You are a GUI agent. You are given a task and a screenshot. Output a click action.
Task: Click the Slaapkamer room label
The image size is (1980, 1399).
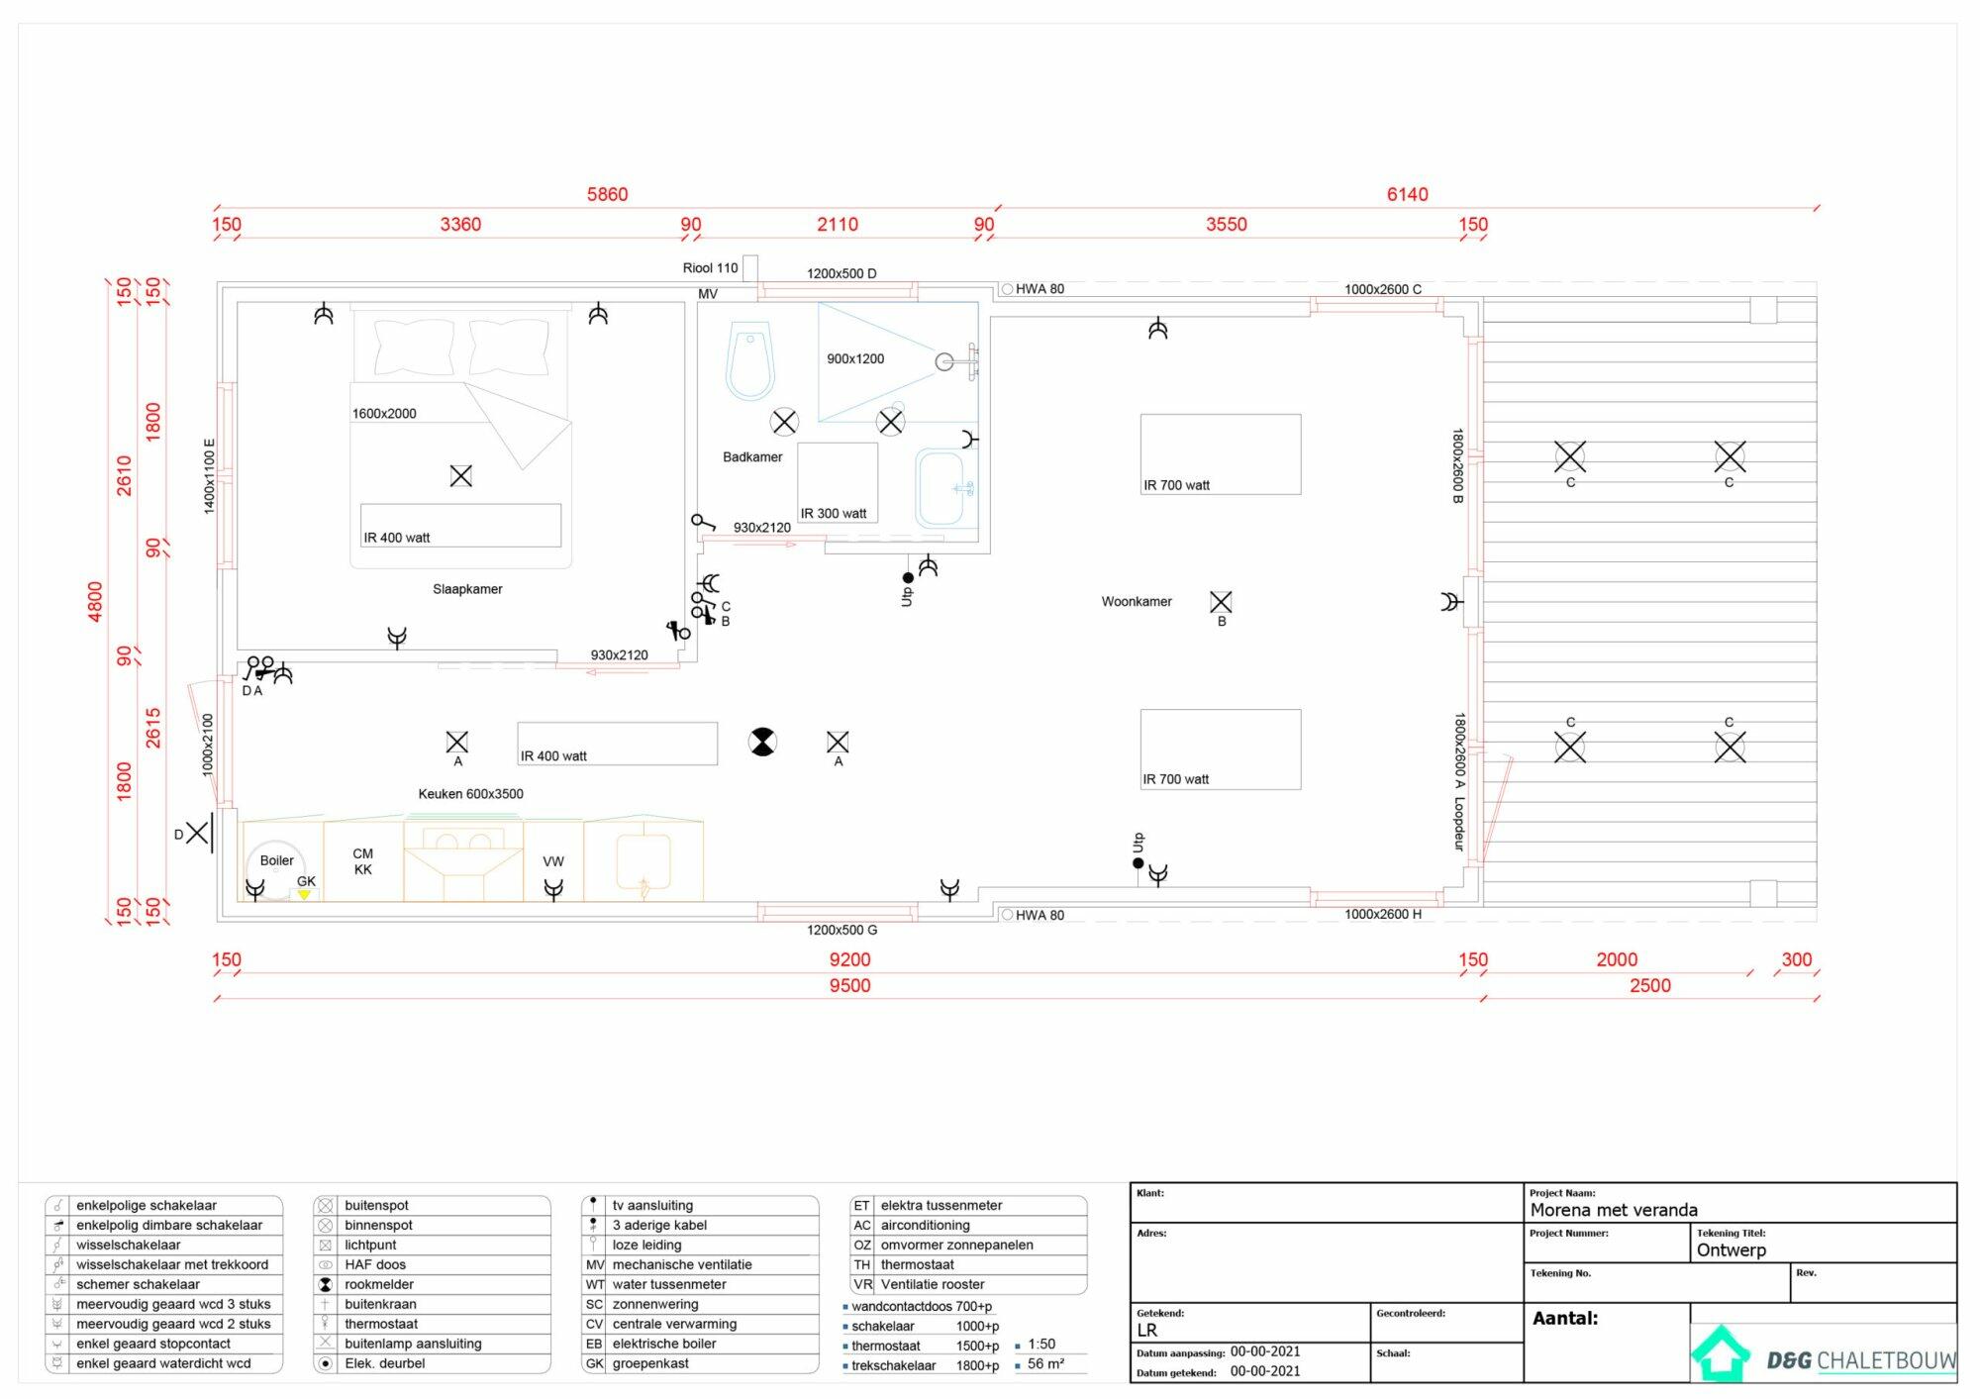(x=467, y=589)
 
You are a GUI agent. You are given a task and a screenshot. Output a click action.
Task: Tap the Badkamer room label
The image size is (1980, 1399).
(x=752, y=457)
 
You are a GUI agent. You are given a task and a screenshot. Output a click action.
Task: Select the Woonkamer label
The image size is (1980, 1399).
(x=1137, y=601)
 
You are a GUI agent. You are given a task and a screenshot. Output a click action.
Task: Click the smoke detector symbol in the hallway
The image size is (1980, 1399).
(x=762, y=742)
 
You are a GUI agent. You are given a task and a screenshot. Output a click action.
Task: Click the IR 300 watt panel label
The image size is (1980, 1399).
(x=834, y=514)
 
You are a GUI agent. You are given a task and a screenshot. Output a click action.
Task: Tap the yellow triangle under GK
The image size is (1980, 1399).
(x=304, y=895)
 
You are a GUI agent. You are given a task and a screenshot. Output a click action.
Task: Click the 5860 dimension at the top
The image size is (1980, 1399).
(x=607, y=194)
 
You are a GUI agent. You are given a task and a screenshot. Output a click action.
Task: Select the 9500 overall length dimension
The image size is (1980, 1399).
(x=850, y=985)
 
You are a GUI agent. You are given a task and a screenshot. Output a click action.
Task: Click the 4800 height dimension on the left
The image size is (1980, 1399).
(x=95, y=602)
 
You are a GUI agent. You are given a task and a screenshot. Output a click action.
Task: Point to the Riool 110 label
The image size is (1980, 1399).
(x=710, y=268)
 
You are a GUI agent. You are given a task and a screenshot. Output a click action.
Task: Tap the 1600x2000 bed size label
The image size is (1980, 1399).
(x=384, y=414)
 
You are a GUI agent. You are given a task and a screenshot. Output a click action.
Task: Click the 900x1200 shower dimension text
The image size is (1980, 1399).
(x=855, y=359)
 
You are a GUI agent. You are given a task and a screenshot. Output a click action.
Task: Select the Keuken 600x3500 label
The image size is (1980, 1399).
(x=470, y=794)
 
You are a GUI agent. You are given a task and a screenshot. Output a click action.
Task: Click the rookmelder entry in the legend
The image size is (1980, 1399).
(x=379, y=1284)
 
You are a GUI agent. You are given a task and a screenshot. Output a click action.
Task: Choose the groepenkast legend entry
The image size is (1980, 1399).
(x=650, y=1363)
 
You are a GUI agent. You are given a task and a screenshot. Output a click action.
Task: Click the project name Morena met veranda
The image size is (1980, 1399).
(x=1614, y=1210)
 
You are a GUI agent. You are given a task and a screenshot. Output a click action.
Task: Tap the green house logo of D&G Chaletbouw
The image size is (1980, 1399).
(x=1721, y=1352)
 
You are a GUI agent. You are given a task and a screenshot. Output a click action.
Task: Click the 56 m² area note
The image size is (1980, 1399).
(x=1045, y=1363)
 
